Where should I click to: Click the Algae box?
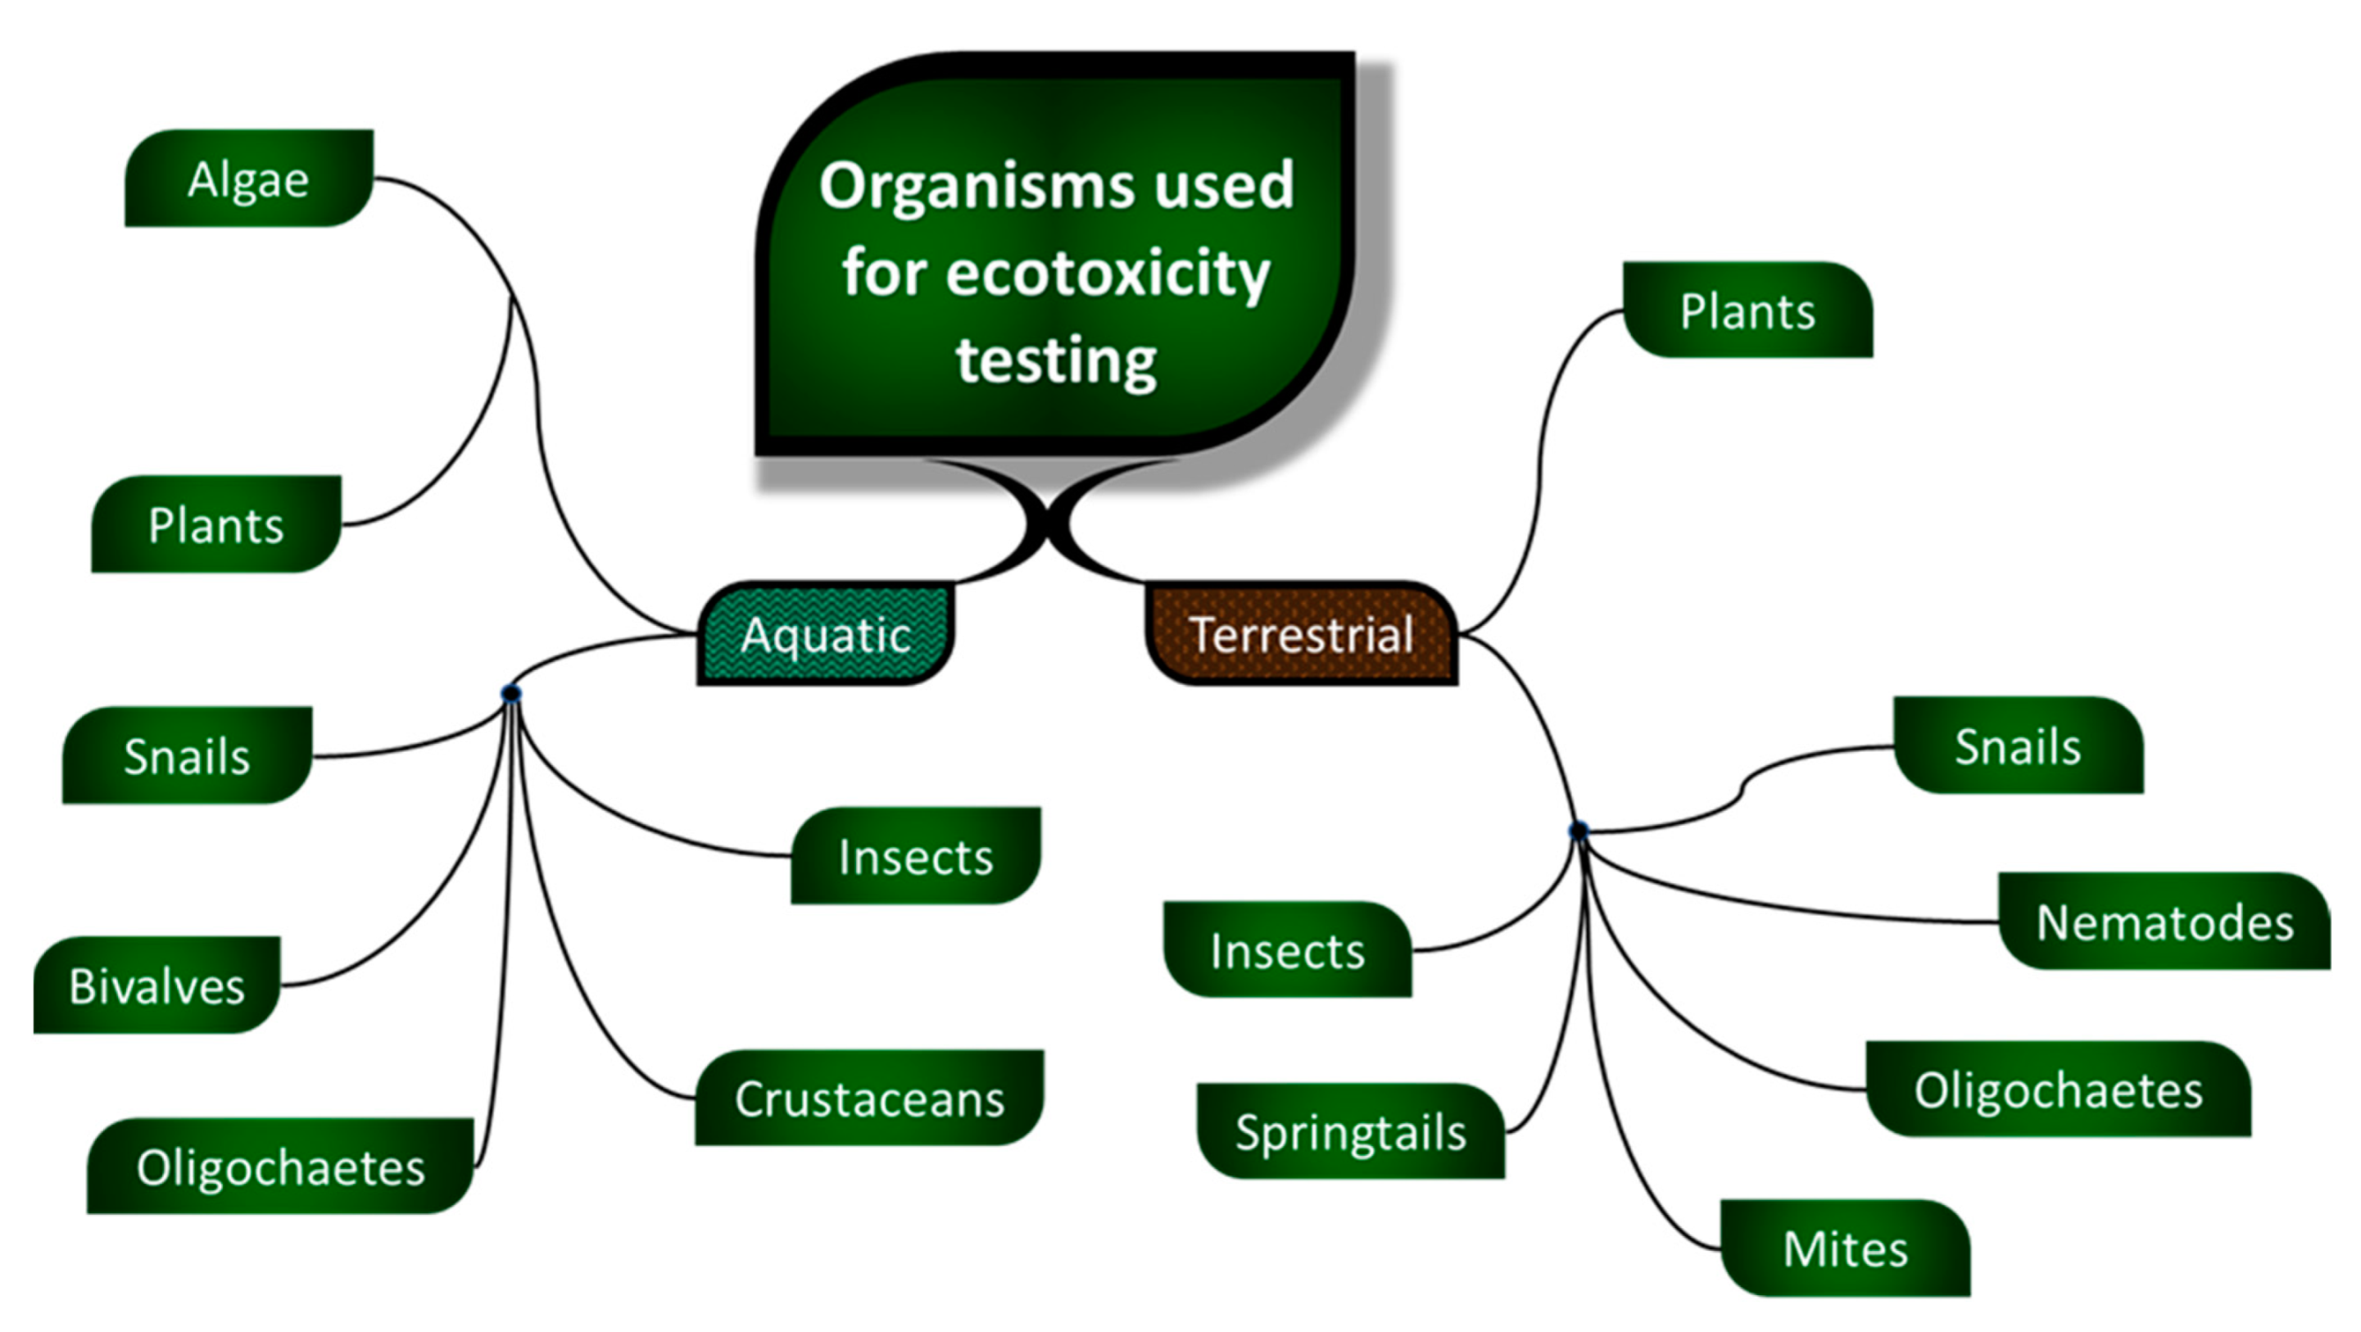click(x=248, y=179)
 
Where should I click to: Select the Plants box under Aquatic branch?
click(x=216, y=524)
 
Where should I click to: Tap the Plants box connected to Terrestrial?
click(x=1747, y=310)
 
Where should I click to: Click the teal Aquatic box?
click(x=826, y=634)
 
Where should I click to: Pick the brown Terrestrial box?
click(x=1302, y=634)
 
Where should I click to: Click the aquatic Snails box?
click(x=187, y=756)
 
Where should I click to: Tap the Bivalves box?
click(x=156, y=985)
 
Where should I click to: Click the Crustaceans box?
click(x=869, y=1099)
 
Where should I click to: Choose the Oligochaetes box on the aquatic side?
click(x=280, y=1167)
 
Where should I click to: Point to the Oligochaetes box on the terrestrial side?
click(x=2058, y=1090)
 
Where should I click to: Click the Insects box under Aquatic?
click(x=916, y=856)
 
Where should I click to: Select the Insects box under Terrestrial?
click(x=1287, y=949)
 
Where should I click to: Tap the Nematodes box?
click(x=2164, y=922)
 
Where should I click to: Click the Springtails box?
click(x=1350, y=1131)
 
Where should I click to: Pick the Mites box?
click(x=1845, y=1248)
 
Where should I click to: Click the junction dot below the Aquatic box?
click(x=511, y=694)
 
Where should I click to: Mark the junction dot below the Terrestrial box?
click(x=1579, y=831)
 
